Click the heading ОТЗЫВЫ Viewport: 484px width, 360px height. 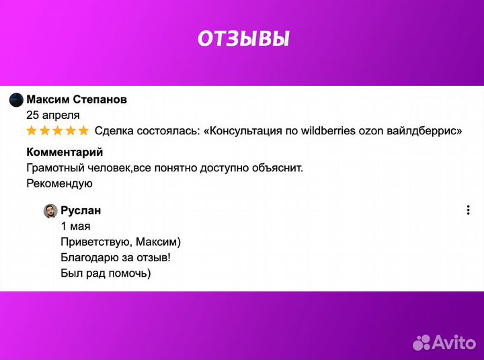pyautogui.click(x=243, y=39)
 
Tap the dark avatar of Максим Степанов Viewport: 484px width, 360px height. pyautogui.click(x=16, y=100)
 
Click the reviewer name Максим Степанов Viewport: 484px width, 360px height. pyautogui.click(x=77, y=99)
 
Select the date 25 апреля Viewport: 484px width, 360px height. pyautogui.click(x=52, y=115)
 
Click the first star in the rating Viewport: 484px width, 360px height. pyautogui.click(x=32, y=130)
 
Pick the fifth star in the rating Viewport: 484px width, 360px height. pyautogui.click(x=83, y=130)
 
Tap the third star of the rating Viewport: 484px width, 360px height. pyautogui.click(x=57, y=130)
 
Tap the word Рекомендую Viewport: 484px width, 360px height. pyautogui.click(x=59, y=183)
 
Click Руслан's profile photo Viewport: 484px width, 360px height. pyautogui.click(x=50, y=211)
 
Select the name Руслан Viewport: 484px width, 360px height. pyautogui.click(x=81, y=211)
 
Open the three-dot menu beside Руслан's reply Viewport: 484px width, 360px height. pyautogui.click(x=468, y=210)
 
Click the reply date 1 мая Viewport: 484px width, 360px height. pyautogui.click(x=75, y=226)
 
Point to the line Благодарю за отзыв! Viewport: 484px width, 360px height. pyautogui.click(x=115, y=257)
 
